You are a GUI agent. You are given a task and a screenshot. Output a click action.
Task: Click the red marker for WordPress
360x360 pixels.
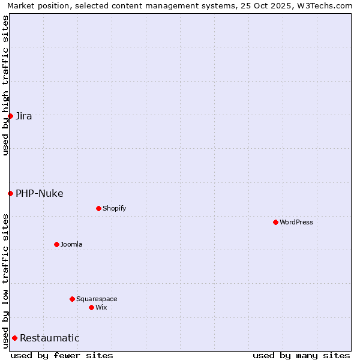pyautogui.click(x=275, y=222)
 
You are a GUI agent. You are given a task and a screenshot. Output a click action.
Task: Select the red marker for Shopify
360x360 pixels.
pyautogui.click(x=98, y=208)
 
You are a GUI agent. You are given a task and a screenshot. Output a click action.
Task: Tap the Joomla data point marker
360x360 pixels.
pyautogui.click(x=56, y=244)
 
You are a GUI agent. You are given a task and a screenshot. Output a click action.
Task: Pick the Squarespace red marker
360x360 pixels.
pyautogui.click(x=72, y=299)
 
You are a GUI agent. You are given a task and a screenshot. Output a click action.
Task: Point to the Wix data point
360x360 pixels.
pyautogui.click(x=91, y=307)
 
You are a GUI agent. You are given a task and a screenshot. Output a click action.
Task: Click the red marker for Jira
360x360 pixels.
pyautogui.click(x=10, y=116)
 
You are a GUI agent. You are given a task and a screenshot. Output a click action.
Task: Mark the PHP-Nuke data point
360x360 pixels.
pyautogui.click(x=10, y=193)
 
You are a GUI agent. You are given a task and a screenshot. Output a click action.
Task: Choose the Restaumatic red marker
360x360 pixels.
pyautogui.click(x=14, y=338)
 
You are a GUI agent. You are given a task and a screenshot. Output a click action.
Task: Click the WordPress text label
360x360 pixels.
pyautogui.click(x=296, y=223)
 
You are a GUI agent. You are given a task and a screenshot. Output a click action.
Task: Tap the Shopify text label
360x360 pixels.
pyautogui.click(x=115, y=209)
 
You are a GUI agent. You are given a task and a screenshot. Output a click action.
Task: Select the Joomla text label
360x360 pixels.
pyautogui.click(x=71, y=245)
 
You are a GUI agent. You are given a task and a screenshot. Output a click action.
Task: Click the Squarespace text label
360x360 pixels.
pyautogui.click(x=97, y=299)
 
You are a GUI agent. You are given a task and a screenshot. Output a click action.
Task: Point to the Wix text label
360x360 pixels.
pyautogui.click(x=101, y=308)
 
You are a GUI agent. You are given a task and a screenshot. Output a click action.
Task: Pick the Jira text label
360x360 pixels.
pyautogui.click(x=24, y=116)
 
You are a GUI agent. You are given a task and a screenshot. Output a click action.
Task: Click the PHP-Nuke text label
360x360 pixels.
pyautogui.click(x=40, y=194)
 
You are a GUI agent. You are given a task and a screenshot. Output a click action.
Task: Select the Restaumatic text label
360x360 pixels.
pyautogui.click(x=50, y=338)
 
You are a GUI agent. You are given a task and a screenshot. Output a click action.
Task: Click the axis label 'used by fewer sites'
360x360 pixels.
pyautogui.click(x=62, y=355)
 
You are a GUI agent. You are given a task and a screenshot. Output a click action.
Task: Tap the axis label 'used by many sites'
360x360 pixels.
pyautogui.click(x=301, y=355)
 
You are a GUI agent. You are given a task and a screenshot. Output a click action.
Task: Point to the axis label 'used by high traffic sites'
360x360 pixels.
pyautogui.click(x=6, y=85)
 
